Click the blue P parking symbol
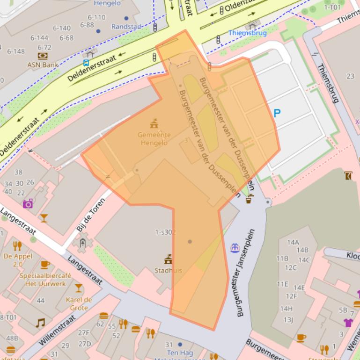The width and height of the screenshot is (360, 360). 277,113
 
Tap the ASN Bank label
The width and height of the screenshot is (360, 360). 40,65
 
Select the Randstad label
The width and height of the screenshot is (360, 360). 126,27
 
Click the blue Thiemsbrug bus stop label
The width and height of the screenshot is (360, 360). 247,33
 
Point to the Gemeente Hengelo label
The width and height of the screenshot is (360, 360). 154,139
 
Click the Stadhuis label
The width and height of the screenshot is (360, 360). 168,270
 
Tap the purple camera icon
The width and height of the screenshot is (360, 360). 28,203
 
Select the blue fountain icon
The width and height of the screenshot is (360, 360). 235,247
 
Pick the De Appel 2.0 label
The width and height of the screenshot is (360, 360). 17,260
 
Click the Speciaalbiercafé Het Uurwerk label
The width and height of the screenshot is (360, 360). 45,280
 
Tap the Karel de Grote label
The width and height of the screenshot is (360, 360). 79,303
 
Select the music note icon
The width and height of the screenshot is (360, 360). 41,323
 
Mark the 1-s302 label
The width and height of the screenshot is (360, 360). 166,232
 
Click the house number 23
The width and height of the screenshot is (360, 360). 350,76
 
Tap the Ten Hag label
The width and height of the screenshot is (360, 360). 180,353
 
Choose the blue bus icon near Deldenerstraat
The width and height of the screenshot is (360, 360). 86,63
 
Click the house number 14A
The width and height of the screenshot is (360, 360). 293,242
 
